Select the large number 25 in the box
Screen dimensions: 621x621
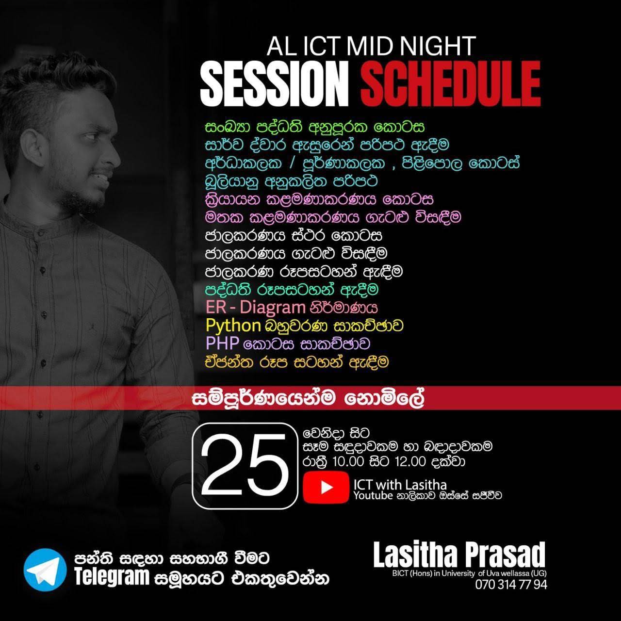pyautogui.click(x=245, y=466)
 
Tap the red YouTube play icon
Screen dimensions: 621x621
pyautogui.click(x=326, y=487)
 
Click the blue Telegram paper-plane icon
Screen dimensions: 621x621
pyautogui.click(x=45, y=570)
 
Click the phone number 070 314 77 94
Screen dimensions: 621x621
pyautogui.click(x=511, y=585)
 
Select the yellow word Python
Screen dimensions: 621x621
pyautogui.click(x=233, y=325)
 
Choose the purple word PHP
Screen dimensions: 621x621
pyautogui.click(x=222, y=343)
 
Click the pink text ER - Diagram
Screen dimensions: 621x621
pyautogui.click(x=255, y=307)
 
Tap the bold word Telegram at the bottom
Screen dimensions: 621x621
pyautogui.click(x=111, y=577)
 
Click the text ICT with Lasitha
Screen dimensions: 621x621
pyautogui.click(x=400, y=484)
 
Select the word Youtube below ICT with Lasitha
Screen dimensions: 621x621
pyautogui.click(x=368, y=496)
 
